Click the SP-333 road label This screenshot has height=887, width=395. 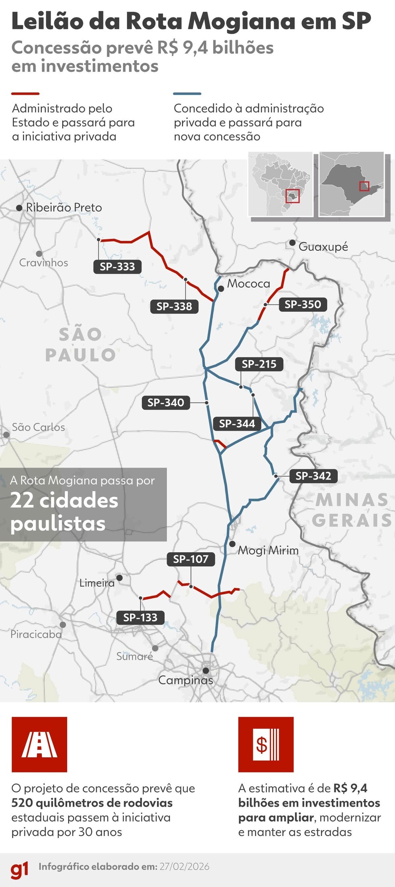[117, 267]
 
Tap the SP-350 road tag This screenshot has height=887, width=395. [303, 305]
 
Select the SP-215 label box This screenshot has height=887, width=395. [259, 364]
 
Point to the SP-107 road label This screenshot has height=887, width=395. [191, 559]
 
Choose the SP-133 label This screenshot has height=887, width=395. [140, 618]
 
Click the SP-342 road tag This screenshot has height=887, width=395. [313, 476]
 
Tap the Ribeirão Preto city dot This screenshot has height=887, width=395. [19, 208]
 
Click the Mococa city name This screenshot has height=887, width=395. [248, 284]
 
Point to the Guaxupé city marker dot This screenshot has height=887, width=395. [292, 243]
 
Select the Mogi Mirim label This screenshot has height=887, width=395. [268, 550]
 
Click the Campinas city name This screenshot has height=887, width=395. [185, 680]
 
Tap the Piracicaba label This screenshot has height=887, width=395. [36, 635]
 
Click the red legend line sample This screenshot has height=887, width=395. [25, 94]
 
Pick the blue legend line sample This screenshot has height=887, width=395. [187, 94]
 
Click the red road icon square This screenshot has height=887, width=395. [39, 745]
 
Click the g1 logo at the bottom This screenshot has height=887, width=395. [19, 869]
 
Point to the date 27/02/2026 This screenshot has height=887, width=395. [184, 867]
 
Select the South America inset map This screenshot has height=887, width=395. [280, 184]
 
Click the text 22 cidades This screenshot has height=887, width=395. [64, 500]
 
